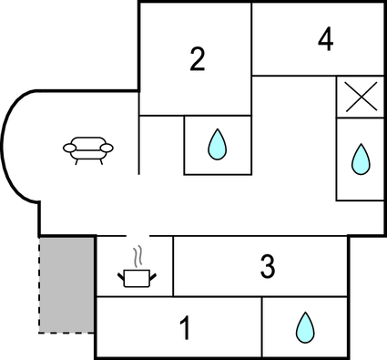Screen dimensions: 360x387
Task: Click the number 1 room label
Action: pos(185,328)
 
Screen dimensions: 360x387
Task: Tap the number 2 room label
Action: pos(198,59)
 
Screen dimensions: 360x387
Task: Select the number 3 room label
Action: pos(267,266)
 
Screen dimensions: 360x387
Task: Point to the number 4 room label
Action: pos(325,39)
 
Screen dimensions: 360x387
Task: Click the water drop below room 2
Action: pos(217,144)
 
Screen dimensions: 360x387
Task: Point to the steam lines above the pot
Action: pos(137,254)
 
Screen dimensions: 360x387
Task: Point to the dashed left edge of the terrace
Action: pos(39,283)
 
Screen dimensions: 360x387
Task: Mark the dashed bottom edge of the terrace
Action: pos(66,332)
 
